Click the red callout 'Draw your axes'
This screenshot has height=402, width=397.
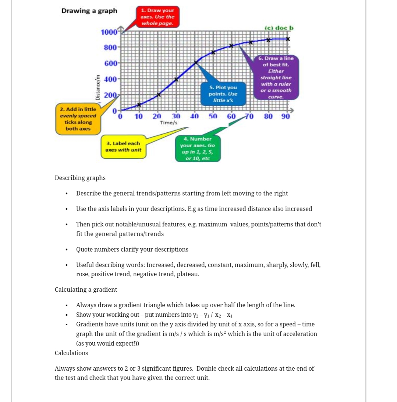(157, 17)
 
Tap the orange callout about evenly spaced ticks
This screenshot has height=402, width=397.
(78, 119)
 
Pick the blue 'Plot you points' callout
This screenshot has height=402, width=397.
(223, 94)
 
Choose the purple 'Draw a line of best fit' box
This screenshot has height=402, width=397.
(276, 78)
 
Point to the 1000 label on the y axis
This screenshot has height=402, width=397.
(109, 32)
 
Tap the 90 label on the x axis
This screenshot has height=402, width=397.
(286, 117)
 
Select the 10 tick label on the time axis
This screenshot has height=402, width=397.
(139, 117)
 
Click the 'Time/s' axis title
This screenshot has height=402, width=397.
(169, 122)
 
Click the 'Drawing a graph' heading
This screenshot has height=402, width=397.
(89, 11)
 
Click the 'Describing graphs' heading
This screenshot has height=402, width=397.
(80, 178)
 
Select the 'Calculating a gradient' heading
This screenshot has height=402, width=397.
(86, 290)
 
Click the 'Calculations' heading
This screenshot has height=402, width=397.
(71, 353)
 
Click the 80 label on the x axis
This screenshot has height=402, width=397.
(268, 117)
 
